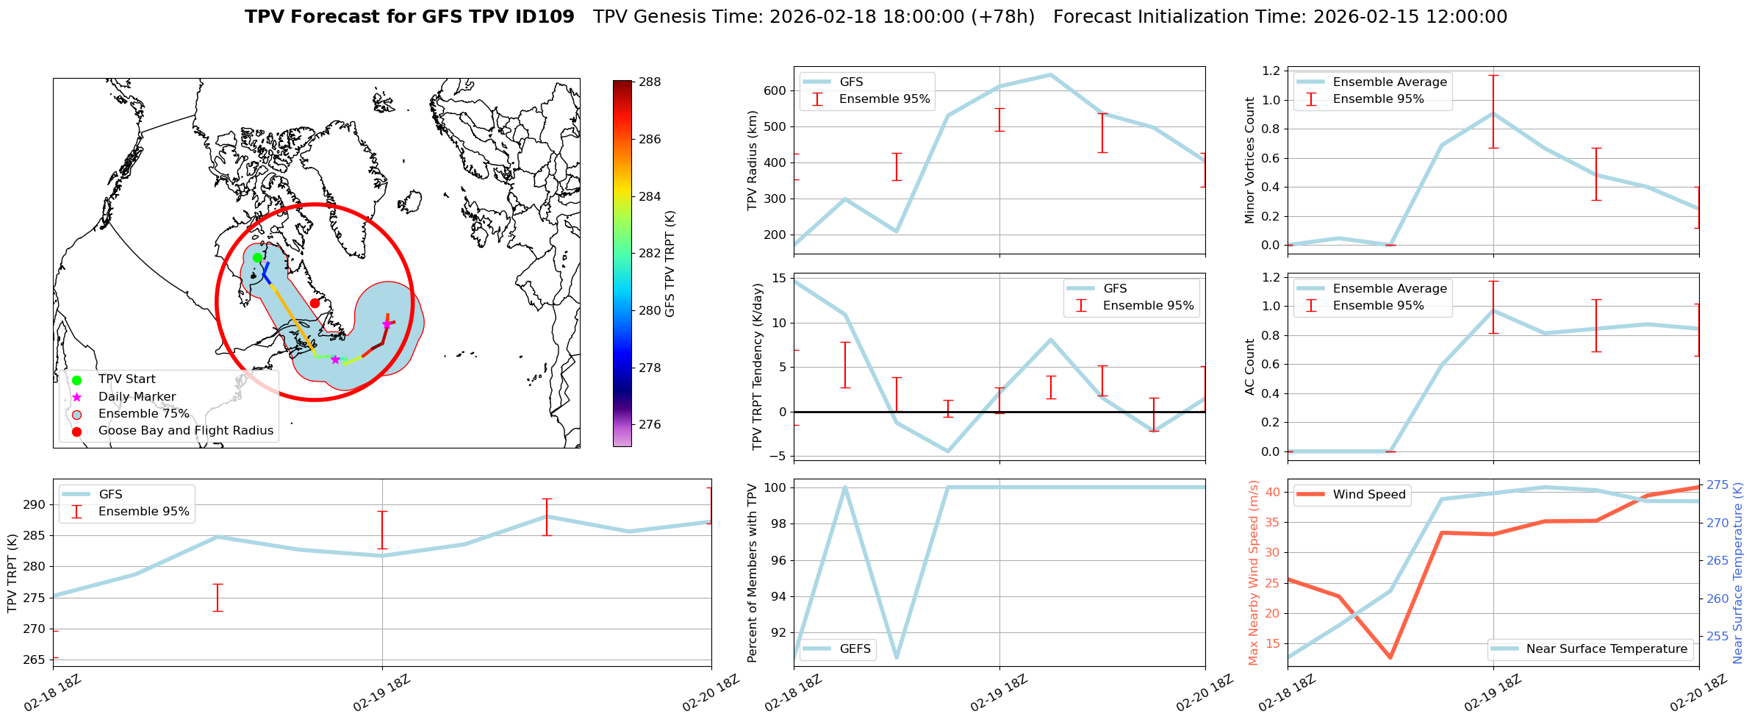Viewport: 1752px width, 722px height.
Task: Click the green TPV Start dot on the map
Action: (x=257, y=257)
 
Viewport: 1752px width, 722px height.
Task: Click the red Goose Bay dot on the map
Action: (x=315, y=303)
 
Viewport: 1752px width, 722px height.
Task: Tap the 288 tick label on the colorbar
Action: (x=649, y=82)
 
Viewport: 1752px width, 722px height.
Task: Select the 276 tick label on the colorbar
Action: (x=649, y=425)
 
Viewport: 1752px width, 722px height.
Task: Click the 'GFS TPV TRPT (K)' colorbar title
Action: (x=669, y=264)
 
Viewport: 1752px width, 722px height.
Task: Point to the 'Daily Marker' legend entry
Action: (x=137, y=397)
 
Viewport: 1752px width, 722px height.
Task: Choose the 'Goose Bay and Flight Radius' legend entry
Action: (x=185, y=431)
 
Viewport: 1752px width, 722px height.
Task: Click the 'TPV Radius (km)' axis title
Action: (x=752, y=160)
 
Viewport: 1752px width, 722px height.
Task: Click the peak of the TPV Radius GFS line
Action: (x=1050, y=74)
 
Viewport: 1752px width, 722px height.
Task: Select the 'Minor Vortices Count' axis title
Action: (x=1249, y=160)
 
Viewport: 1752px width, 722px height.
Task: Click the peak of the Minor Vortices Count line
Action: (x=1493, y=113)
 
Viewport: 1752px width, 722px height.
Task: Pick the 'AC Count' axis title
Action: (x=1249, y=367)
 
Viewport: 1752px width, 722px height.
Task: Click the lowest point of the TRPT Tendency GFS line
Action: (x=947, y=451)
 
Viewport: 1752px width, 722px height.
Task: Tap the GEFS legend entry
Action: (x=855, y=649)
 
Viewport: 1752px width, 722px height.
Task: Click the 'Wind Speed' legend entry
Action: (x=1368, y=495)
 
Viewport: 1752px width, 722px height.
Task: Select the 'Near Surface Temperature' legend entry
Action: (x=1606, y=649)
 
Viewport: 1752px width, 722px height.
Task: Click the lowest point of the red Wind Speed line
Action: (x=1390, y=657)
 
